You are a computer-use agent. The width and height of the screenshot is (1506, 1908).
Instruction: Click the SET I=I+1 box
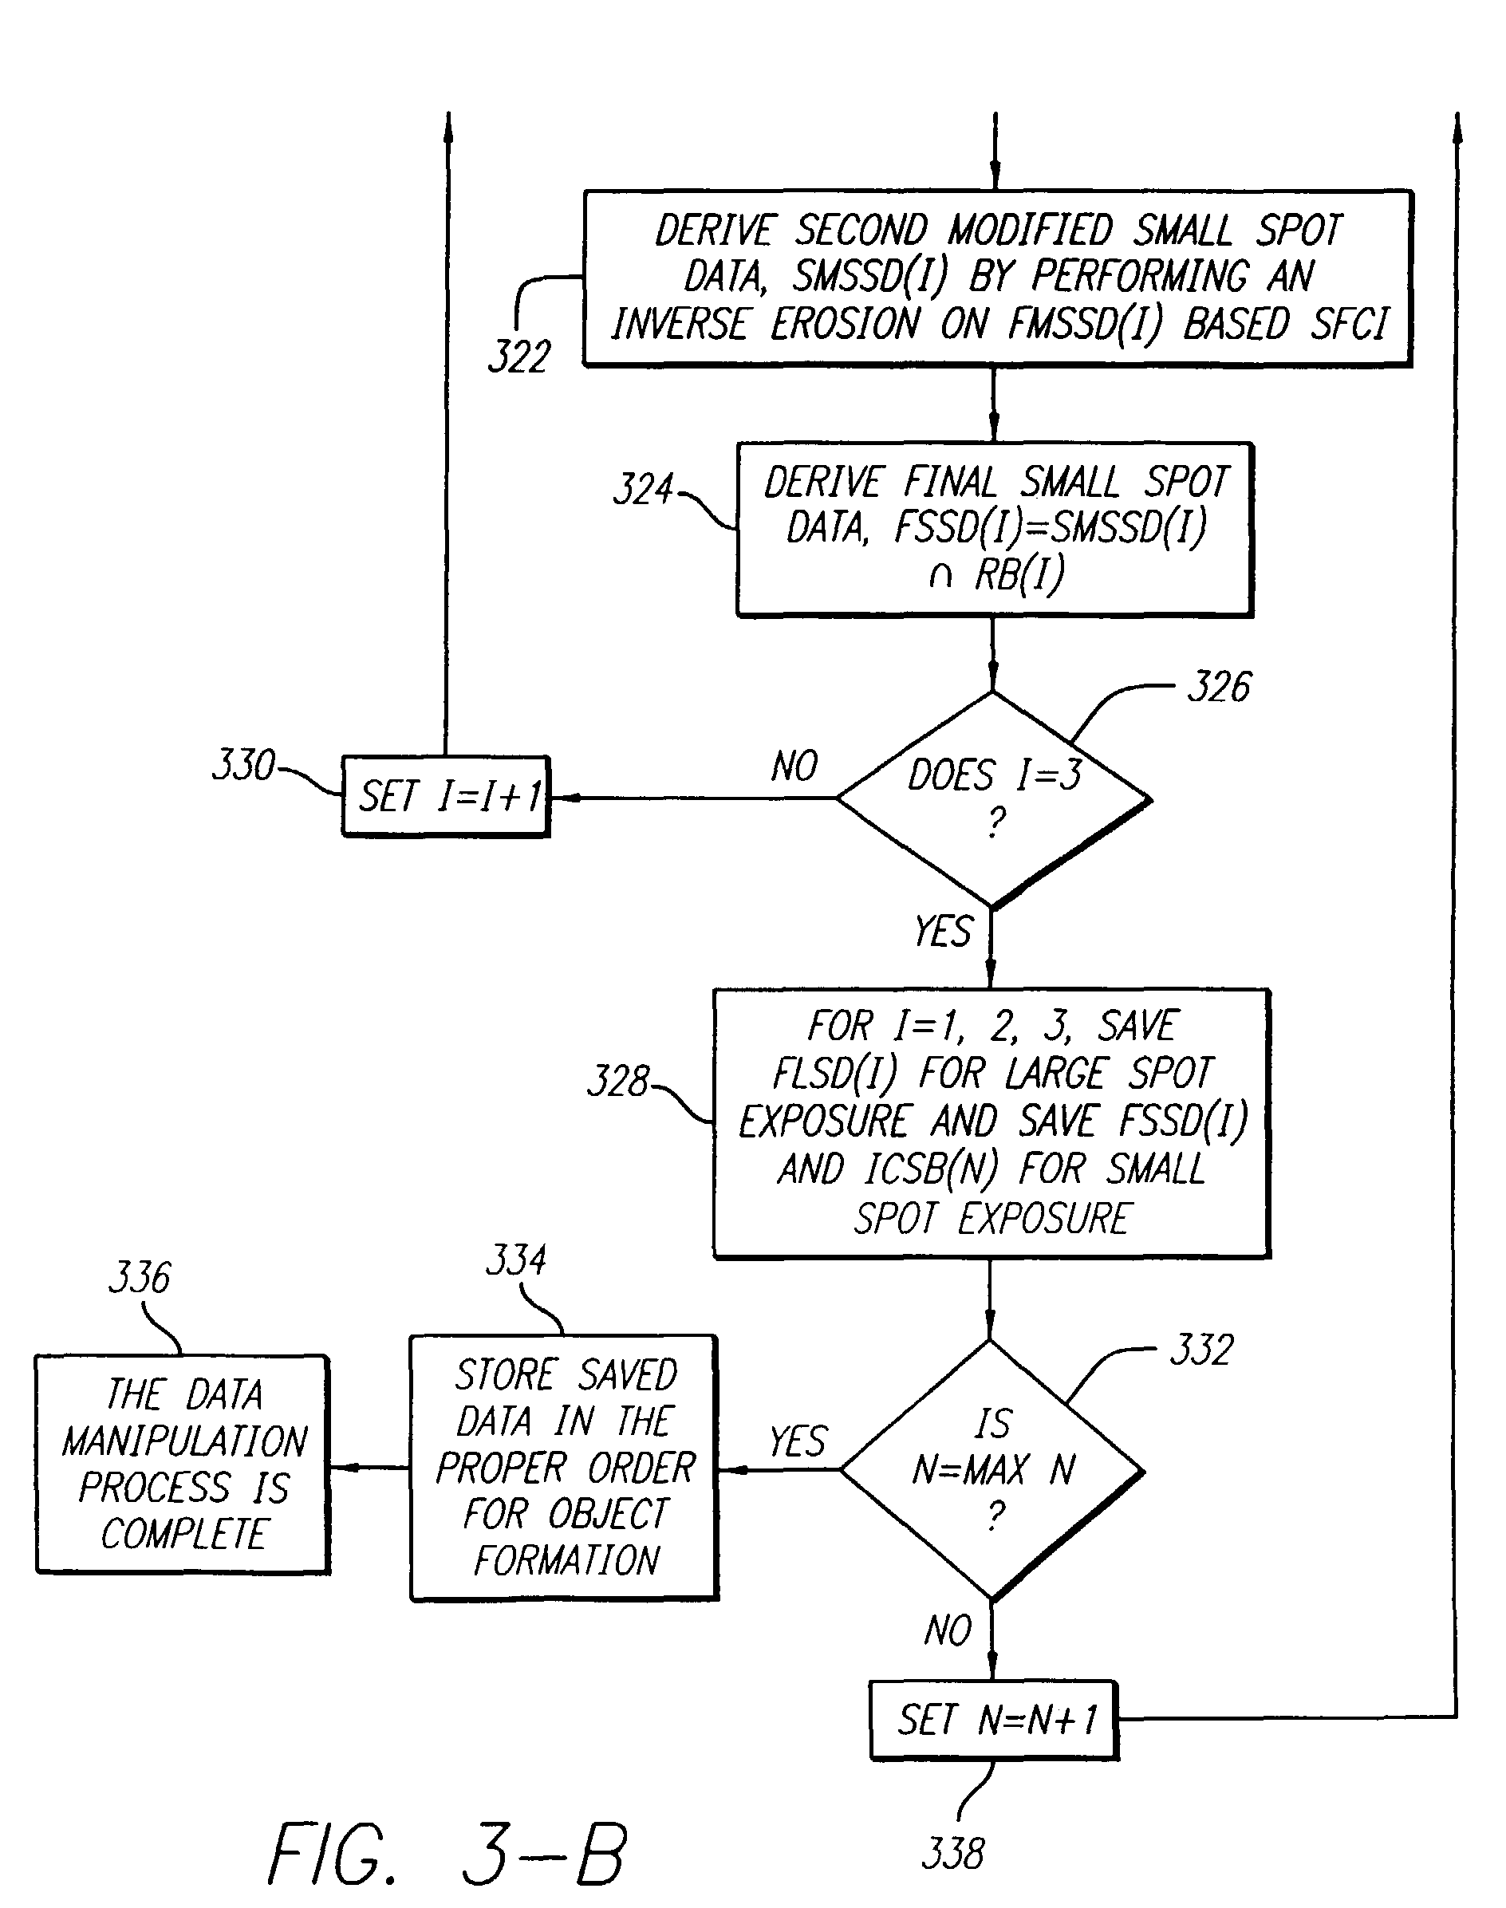[x=446, y=796]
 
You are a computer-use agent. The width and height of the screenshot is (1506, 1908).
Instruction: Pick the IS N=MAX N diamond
[x=992, y=1469]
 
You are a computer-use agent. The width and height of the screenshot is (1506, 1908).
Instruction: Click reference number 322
[x=519, y=357]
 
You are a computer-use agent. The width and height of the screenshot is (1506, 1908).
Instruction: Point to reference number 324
[x=643, y=488]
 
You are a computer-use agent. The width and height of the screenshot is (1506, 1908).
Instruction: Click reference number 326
[x=1219, y=687]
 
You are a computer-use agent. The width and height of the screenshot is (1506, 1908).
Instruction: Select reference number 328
[x=618, y=1081]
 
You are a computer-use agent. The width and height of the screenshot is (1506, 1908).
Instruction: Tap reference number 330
[x=243, y=765]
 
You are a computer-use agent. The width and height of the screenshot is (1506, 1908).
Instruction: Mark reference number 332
[x=1201, y=1350]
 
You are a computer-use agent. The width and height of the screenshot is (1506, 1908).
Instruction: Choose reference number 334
[x=517, y=1260]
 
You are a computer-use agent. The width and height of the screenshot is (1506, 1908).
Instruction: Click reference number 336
[x=140, y=1278]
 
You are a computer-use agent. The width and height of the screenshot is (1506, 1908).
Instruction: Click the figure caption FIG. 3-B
[x=447, y=1855]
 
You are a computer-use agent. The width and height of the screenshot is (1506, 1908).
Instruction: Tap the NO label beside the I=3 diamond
[x=794, y=767]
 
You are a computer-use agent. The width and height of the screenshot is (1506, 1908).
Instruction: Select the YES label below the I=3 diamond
[x=943, y=931]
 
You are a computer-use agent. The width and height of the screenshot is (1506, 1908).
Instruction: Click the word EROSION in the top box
[x=845, y=324]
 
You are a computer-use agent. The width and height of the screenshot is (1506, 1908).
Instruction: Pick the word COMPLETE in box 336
[x=183, y=1534]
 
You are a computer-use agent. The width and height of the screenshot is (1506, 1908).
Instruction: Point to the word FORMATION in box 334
[x=566, y=1560]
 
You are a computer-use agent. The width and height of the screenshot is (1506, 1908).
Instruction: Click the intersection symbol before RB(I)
[x=940, y=577]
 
